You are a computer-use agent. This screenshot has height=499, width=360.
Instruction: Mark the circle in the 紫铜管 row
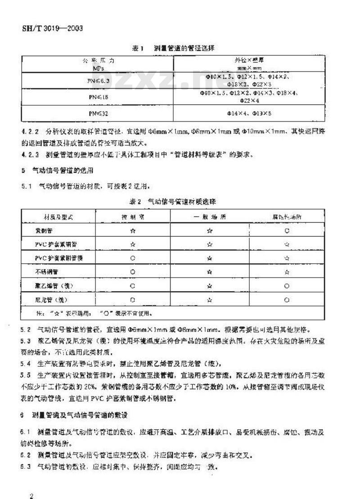(x=287, y=231)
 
